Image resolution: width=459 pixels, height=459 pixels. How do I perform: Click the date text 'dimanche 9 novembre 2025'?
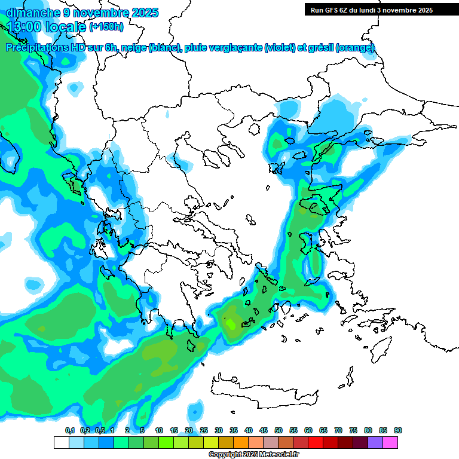[x=82, y=13]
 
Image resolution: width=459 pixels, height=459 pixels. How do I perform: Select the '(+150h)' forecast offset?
[x=106, y=27]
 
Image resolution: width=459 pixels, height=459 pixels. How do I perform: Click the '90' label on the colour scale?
[x=398, y=431]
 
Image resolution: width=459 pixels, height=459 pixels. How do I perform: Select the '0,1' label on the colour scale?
[x=69, y=431]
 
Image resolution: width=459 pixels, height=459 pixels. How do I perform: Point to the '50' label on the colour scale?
[x=279, y=431]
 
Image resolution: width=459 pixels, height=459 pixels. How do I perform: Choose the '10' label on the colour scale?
[x=159, y=431]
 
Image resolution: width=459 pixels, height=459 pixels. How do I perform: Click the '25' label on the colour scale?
[x=204, y=431]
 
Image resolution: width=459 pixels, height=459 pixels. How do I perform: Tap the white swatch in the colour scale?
[x=61, y=442]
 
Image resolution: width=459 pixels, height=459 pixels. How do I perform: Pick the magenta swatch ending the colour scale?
[x=390, y=442]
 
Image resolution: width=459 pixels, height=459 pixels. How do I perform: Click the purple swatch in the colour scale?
[x=375, y=442]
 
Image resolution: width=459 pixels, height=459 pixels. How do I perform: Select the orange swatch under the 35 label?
[x=241, y=442]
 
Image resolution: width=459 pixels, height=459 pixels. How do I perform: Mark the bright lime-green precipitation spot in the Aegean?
[x=231, y=324]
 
